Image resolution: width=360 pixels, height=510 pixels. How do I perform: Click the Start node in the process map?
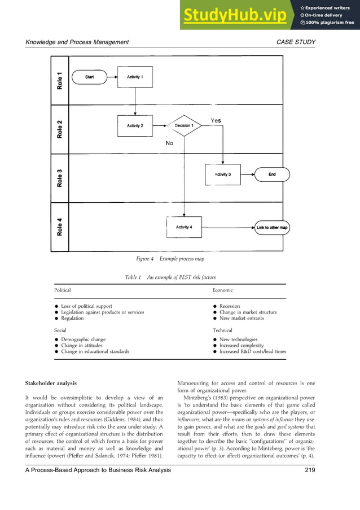(90, 77)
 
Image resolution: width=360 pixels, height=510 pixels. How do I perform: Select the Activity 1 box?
(135, 77)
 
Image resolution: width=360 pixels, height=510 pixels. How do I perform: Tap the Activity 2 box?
(135, 126)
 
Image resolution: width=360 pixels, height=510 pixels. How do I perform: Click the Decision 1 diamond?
(184, 126)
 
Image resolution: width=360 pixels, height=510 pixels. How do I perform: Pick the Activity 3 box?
(222, 175)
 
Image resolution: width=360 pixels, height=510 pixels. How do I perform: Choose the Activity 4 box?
(184, 227)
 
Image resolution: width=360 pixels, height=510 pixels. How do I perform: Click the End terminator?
(272, 175)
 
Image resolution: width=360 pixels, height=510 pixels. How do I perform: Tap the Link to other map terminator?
(272, 228)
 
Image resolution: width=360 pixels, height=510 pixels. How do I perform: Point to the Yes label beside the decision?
(216, 120)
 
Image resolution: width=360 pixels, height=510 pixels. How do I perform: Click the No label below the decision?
(169, 143)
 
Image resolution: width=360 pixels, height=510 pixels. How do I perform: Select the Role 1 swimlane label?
(60, 80)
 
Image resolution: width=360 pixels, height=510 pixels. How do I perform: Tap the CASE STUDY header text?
(297, 42)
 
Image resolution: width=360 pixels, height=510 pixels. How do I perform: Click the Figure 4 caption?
(170, 259)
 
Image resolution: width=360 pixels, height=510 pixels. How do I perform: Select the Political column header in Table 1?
(62, 290)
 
